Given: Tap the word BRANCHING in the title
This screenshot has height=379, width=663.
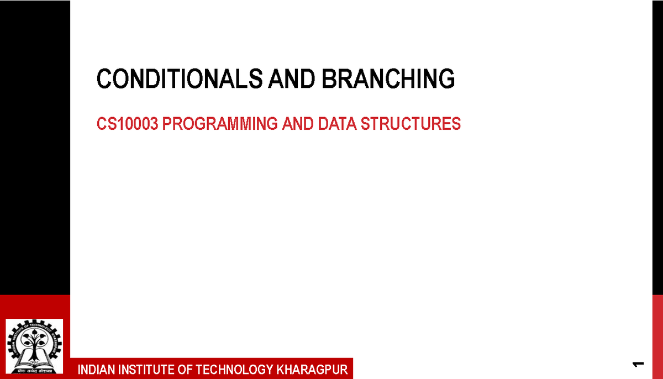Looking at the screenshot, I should (389, 80).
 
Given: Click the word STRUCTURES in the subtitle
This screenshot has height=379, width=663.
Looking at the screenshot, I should (411, 124).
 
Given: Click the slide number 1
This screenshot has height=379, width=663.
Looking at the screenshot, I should (639, 364).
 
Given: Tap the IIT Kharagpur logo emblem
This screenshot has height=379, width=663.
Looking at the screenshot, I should (34, 346).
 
